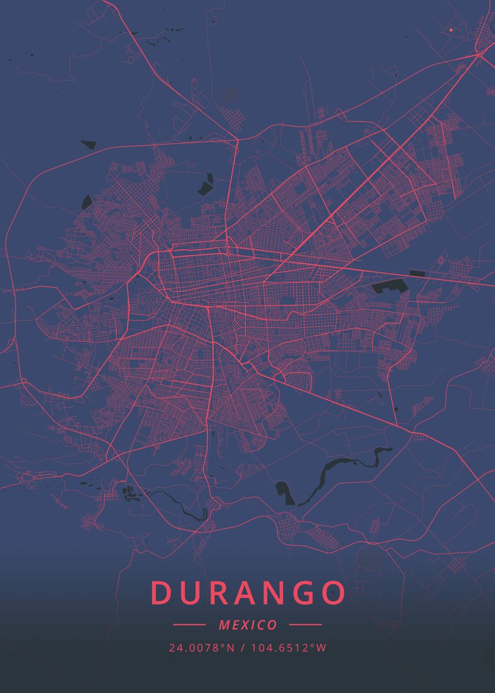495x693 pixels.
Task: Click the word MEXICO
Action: [x=248, y=625]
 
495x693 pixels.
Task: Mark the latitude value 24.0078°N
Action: [x=202, y=648]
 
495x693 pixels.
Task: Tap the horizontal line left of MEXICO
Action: [x=189, y=625]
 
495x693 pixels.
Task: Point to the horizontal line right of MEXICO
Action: [x=306, y=625]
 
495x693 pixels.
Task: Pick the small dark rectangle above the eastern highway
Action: [x=416, y=273]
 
